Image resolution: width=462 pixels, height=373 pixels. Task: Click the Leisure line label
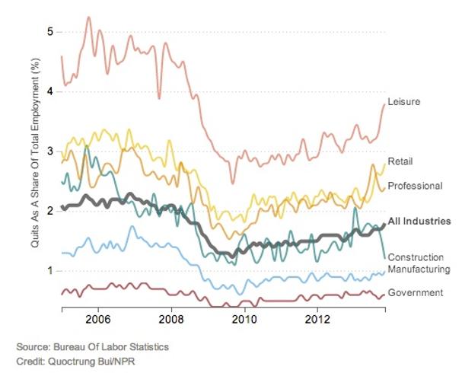(404, 102)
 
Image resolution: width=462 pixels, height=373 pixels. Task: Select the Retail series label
(400, 161)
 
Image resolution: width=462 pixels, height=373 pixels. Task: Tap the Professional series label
(415, 186)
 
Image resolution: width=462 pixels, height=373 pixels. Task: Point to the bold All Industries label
(419, 222)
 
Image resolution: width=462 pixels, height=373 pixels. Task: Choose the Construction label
(417, 257)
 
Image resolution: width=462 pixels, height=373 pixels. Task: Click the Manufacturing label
(419, 269)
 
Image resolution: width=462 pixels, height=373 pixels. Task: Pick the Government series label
(416, 292)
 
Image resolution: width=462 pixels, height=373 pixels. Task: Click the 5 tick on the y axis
(49, 32)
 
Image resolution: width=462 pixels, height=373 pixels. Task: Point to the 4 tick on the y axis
(49, 91)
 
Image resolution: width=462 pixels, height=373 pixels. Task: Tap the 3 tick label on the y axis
(49, 151)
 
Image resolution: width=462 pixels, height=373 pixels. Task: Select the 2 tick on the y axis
(49, 211)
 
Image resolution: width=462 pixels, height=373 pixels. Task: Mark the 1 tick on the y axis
(49, 270)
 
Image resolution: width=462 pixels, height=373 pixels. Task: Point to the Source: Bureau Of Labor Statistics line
(92, 347)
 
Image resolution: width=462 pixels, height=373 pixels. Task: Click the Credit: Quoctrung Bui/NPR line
(78, 360)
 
